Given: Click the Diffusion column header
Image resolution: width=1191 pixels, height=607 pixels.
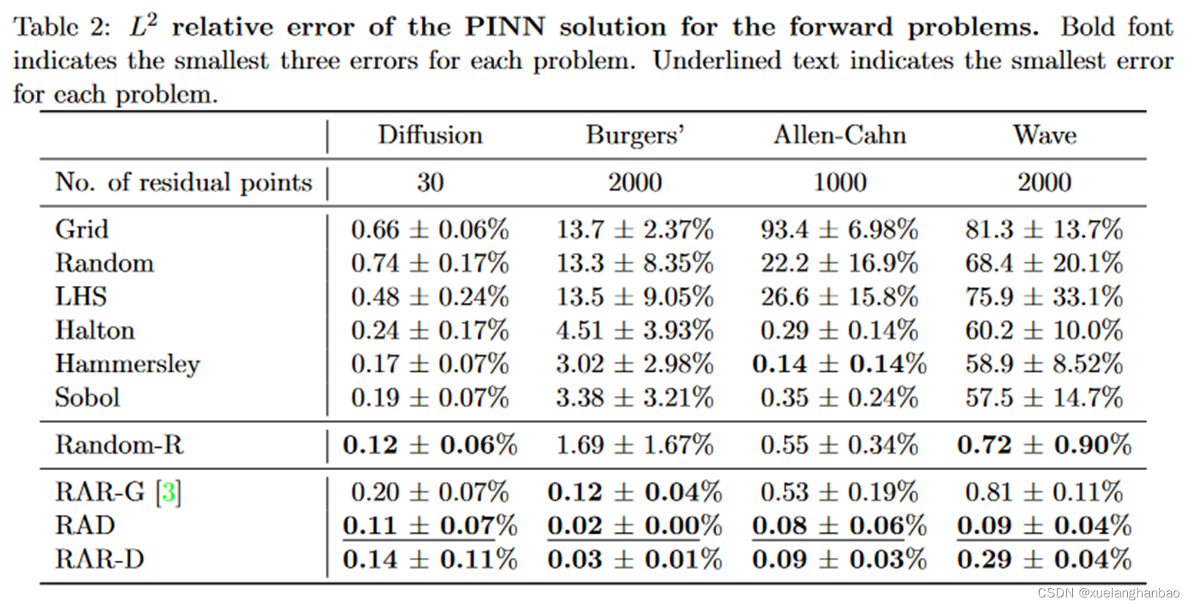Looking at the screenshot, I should [430, 136].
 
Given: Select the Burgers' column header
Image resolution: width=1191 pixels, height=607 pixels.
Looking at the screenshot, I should [634, 136].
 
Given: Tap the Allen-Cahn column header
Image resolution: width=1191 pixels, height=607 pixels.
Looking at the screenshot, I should [840, 136].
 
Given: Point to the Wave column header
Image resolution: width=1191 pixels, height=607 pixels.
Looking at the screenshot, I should [1044, 136].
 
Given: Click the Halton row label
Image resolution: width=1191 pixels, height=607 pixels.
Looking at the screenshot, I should [95, 331].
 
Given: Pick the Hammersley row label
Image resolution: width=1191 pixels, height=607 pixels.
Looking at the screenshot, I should [127, 364].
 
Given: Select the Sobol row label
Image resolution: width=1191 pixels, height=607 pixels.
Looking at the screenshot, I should [87, 397].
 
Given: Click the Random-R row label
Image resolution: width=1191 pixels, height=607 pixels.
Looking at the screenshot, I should [119, 445].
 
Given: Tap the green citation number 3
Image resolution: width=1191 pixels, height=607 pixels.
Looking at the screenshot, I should [169, 492].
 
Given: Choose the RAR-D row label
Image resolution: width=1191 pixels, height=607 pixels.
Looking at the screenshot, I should [100, 559].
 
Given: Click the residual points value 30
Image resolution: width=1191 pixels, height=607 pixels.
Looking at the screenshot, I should [430, 183].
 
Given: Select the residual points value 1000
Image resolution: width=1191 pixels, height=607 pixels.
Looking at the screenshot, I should [840, 183].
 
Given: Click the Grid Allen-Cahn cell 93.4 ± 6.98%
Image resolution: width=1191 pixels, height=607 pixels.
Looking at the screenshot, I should [839, 229].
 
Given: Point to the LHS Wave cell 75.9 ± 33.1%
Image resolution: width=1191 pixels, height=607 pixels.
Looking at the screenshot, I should [1044, 297].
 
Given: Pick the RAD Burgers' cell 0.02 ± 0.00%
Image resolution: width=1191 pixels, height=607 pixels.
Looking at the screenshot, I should [634, 526].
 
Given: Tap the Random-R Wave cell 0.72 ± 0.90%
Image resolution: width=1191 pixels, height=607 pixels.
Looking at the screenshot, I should [1044, 445].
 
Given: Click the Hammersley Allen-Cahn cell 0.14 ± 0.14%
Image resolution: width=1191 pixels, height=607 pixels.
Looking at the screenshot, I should [839, 364].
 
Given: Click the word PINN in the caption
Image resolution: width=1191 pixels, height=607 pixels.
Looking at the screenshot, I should [505, 27].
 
